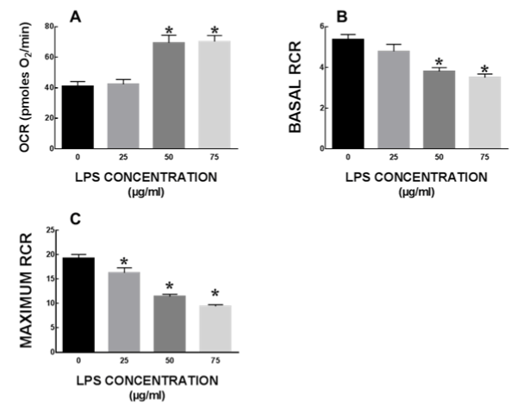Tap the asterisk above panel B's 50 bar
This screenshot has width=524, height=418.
(x=439, y=61)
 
